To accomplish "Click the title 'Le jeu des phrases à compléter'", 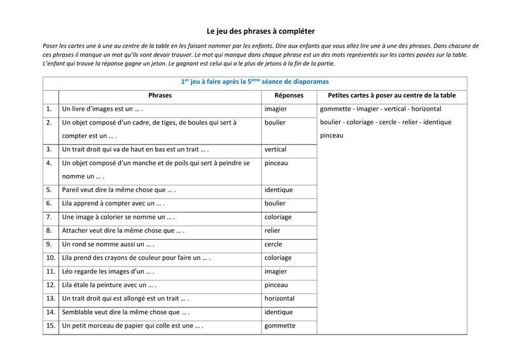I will [x=261, y=31].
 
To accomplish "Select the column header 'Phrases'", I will [x=160, y=95].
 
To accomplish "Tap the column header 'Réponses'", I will [x=288, y=95].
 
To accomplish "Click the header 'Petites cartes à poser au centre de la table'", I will [x=392, y=95].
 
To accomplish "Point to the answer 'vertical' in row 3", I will [x=275, y=149].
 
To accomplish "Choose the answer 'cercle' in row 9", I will [x=274, y=244].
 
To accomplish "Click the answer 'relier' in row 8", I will [x=272, y=230].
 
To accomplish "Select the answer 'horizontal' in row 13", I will [x=279, y=298].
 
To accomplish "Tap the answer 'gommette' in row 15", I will [x=280, y=326].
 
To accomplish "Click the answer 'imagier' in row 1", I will [x=275, y=109].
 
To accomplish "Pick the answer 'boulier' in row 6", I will [x=275, y=204].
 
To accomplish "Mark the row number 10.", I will [x=50, y=258].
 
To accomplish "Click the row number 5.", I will [x=49, y=190].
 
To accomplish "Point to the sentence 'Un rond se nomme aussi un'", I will [x=108, y=244].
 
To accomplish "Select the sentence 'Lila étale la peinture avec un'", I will [x=109, y=285].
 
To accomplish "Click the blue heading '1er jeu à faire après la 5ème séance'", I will [x=254, y=82].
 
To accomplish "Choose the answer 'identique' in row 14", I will [x=279, y=312].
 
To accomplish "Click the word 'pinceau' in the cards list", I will [x=332, y=135].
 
